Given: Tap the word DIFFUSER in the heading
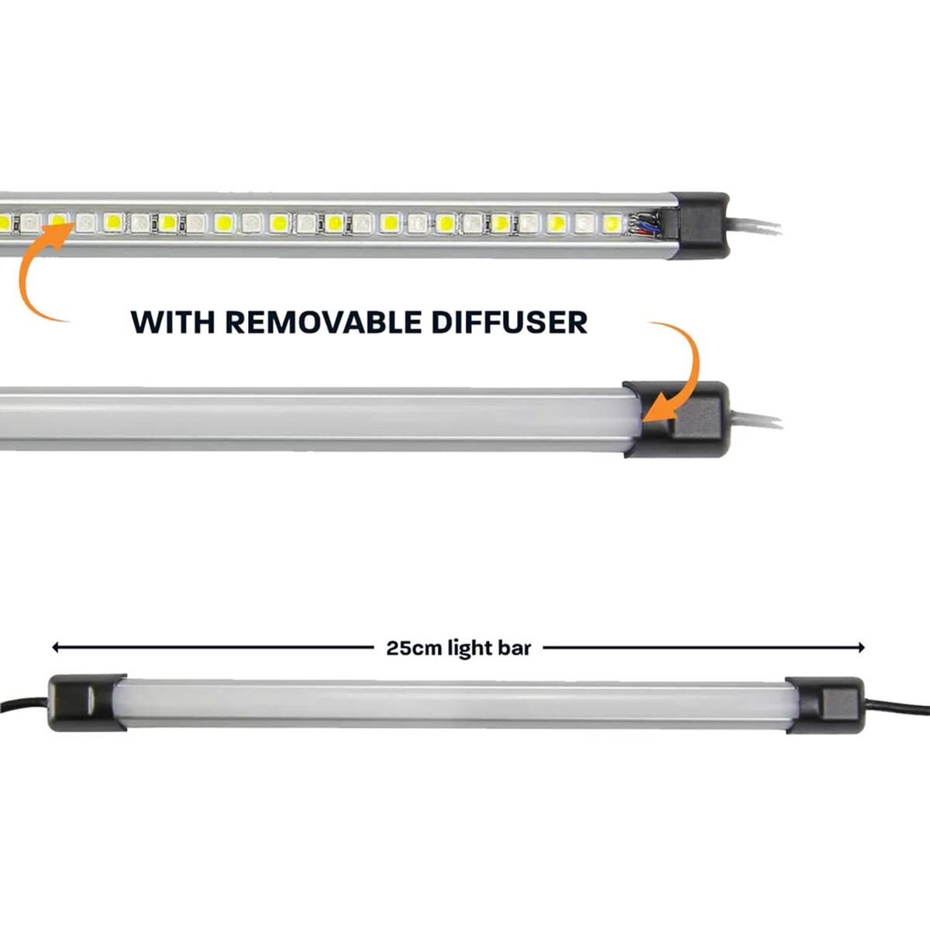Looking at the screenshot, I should (x=509, y=322).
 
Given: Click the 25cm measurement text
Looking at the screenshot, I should (x=414, y=648).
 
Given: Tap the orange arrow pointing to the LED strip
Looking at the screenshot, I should (x=39, y=271).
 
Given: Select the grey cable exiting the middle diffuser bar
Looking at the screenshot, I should (x=755, y=421).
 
